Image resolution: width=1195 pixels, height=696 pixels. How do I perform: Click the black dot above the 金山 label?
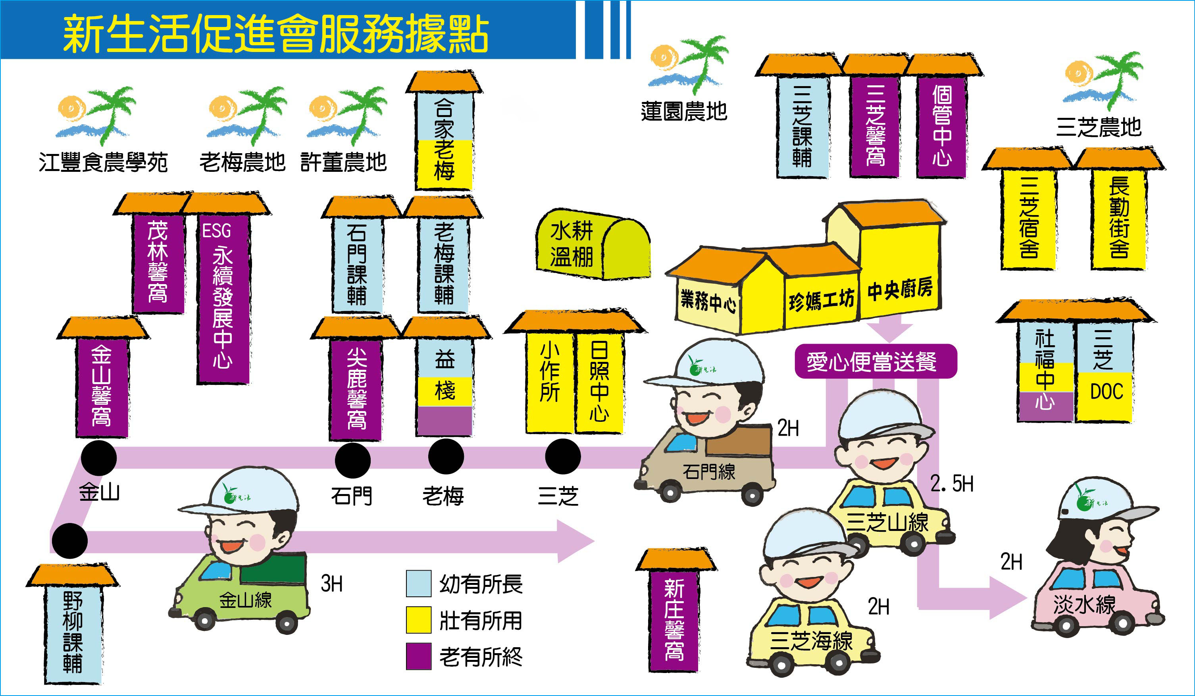point(99,458)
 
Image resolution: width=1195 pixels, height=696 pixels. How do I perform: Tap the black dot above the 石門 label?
point(352,460)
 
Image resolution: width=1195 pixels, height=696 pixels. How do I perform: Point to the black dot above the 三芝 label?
point(563,456)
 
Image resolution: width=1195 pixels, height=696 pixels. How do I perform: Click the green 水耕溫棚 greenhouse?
point(593,244)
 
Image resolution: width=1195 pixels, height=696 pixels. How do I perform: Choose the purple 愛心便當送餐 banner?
point(876,361)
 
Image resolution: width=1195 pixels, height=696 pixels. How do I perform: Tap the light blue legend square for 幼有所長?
point(419,583)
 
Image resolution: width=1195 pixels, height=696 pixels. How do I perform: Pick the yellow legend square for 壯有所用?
point(419,620)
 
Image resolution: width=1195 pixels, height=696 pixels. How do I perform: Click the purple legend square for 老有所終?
point(419,656)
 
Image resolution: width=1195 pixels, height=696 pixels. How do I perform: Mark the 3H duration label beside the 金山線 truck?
point(331,584)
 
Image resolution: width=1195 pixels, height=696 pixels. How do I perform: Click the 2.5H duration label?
point(952,484)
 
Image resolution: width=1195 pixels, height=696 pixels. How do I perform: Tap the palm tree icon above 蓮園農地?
point(688,64)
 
